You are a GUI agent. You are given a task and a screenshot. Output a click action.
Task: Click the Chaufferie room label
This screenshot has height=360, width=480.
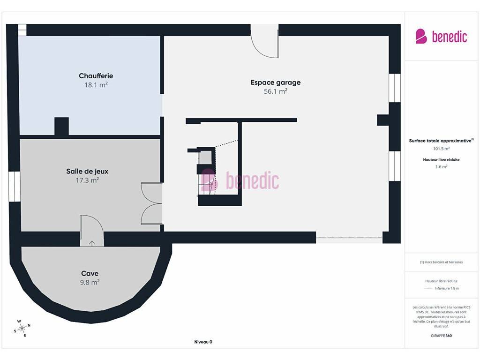pyautogui.click(x=96, y=75)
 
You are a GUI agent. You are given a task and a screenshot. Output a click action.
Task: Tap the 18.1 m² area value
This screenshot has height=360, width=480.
pyautogui.click(x=96, y=85)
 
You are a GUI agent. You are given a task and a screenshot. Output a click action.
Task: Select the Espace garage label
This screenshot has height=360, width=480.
pyautogui.click(x=276, y=82)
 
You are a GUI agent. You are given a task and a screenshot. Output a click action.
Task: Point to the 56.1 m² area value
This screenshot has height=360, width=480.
pyautogui.click(x=276, y=91)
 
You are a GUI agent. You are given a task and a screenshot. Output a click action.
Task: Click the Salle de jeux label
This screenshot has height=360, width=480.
pyautogui.click(x=87, y=172)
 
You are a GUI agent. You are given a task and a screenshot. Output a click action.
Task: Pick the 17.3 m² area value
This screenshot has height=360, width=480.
pyautogui.click(x=87, y=180)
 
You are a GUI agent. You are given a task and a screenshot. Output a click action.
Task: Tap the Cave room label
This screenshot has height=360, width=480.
pyautogui.click(x=90, y=273)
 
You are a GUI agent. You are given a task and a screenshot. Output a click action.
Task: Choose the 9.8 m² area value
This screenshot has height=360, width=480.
pyautogui.click(x=90, y=282)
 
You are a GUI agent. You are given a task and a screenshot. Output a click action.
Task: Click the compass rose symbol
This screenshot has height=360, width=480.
pyautogui.click(x=22, y=329)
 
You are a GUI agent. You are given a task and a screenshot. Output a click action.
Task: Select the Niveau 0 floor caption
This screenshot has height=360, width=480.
pyautogui.click(x=203, y=342)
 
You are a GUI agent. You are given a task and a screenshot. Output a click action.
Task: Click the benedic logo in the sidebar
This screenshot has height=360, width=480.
pyautogui.click(x=441, y=37)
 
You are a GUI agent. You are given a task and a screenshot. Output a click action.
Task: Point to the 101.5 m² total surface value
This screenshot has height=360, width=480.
pyautogui.click(x=441, y=149)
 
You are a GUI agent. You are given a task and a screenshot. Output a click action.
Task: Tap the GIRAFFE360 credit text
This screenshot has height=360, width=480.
pyautogui.click(x=441, y=336)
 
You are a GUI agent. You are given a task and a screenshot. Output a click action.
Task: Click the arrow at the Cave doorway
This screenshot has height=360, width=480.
pyautogui.click(x=92, y=243)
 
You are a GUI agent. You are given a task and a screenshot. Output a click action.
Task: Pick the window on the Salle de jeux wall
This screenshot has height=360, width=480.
pyautogui.click(x=15, y=187)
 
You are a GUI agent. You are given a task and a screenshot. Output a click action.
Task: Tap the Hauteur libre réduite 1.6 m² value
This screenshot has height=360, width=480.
pyautogui.click(x=441, y=167)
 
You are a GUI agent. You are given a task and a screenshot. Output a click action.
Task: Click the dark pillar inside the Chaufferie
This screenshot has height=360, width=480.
pyautogui.click(x=61, y=127)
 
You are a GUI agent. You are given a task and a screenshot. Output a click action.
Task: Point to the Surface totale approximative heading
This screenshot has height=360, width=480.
pyautogui.click(x=441, y=141)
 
